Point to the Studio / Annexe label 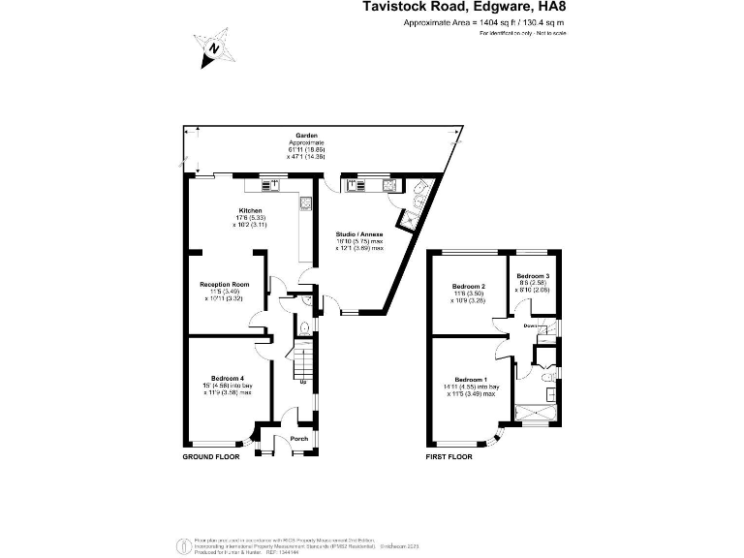point(359,234)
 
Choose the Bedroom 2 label point(468,287)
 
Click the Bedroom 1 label point(472,379)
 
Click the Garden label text point(307,136)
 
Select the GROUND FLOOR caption point(211,455)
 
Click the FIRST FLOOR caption point(449,455)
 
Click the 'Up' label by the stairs point(303,382)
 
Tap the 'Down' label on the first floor point(530,325)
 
